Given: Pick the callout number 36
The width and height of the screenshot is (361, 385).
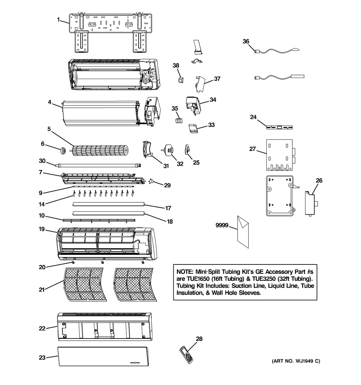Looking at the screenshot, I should click(246, 41).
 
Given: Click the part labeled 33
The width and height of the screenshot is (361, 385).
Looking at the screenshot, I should click(193, 128).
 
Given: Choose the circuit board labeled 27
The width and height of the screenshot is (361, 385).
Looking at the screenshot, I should click(280, 155).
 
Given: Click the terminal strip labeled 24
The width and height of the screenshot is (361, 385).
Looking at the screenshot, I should click(279, 127).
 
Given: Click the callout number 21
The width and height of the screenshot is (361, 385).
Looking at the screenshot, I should click(43, 290).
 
